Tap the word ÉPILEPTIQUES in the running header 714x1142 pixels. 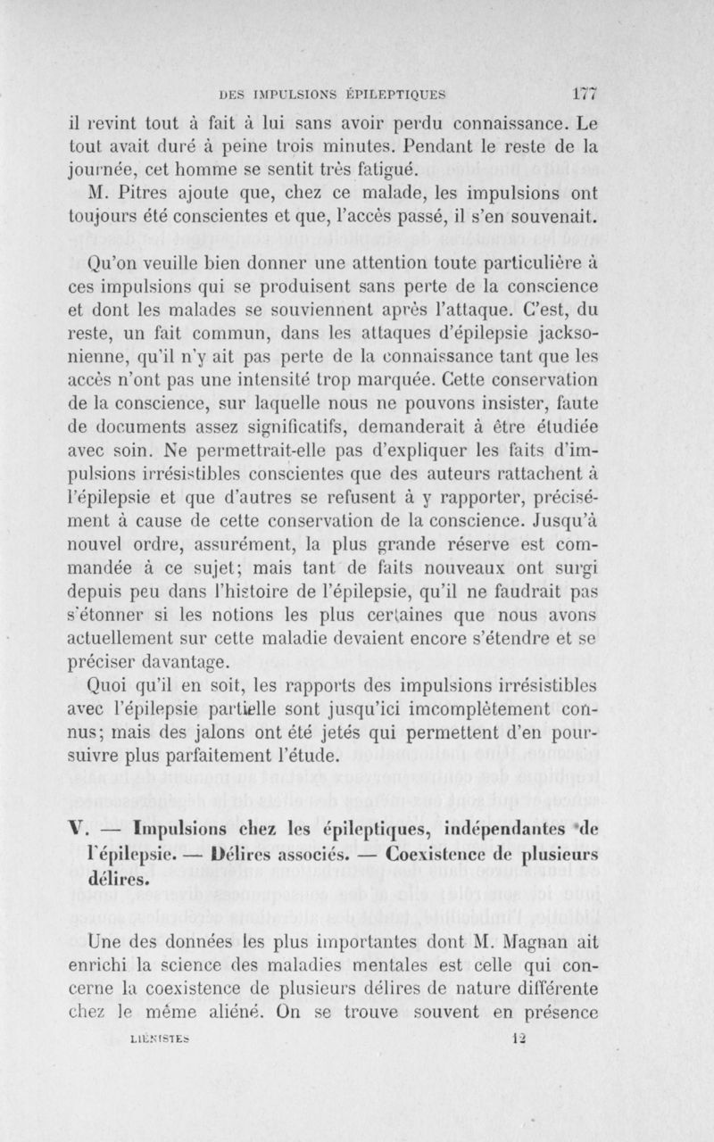395,91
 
